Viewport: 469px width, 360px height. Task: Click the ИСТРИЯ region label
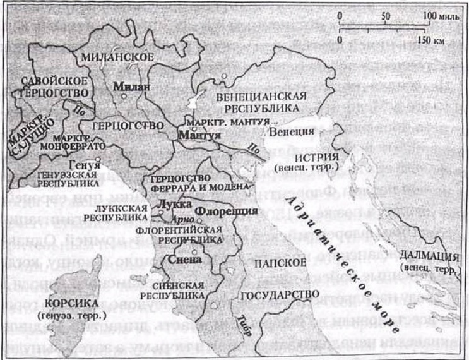pyautogui.click(x=320, y=157)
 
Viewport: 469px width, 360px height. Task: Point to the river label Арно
pyautogui.click(x=184, y=219)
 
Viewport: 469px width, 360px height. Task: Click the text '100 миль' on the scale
pyautogui.click(x=436, y=15)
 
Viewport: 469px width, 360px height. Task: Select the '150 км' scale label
pyautogui.click(x=430, y=39)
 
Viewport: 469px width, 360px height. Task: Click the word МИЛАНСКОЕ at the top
pyautogui.click(x=116, y=57)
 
